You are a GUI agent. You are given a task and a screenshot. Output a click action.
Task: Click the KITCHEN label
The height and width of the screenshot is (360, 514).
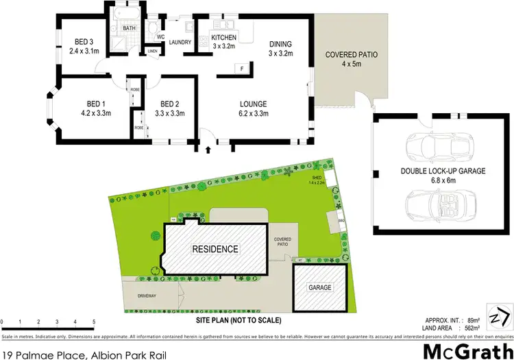click(223, 37)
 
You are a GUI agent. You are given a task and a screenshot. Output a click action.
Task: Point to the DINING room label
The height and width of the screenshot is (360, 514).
click(281, 43)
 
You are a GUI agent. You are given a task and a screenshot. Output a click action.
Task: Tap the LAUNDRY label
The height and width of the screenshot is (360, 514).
click(180, 41)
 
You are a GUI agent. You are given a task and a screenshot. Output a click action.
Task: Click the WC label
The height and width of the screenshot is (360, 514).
click(160, 36)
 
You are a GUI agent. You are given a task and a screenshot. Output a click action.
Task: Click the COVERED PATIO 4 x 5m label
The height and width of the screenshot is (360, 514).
click(352, 54)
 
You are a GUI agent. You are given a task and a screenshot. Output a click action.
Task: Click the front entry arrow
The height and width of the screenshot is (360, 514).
click(207, 147)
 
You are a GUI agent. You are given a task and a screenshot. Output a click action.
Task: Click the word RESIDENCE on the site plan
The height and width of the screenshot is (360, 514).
click(215, 249)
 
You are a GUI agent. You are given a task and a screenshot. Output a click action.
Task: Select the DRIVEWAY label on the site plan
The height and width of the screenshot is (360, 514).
click(147, 296)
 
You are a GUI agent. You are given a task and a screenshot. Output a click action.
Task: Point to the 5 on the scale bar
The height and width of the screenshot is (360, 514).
click(93, 322)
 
